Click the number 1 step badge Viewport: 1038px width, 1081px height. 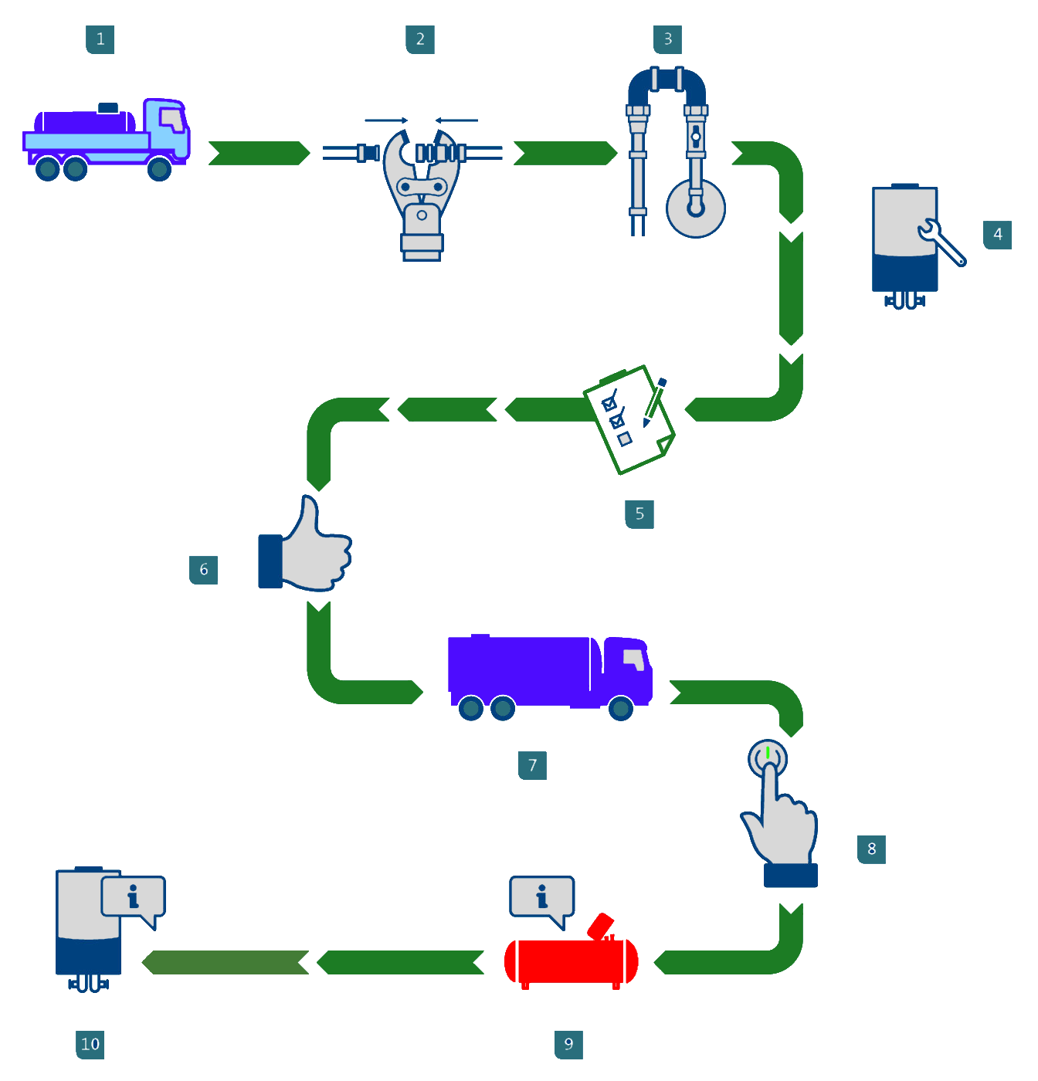click(100, 39)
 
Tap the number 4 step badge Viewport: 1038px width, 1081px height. click(997, 235)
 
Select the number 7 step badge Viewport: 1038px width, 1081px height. click(532, 765)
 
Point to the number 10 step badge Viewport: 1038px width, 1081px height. click(90, 1045)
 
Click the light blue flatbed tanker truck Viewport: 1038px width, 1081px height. click(106, 140)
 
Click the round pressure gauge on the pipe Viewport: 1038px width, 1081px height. click(696, 208)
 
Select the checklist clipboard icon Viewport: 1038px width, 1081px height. click(629, 419)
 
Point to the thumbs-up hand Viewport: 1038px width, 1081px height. click(305, 544)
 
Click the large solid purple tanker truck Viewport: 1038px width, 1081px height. click(550, 677)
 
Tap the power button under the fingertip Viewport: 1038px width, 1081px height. click(768, 758)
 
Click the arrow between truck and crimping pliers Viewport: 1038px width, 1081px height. click(259, 153)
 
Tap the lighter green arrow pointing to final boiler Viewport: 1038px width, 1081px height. click(225, 962)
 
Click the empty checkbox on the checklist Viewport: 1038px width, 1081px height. click(625, 439)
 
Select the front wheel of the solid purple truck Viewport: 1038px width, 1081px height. click(621, 708)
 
